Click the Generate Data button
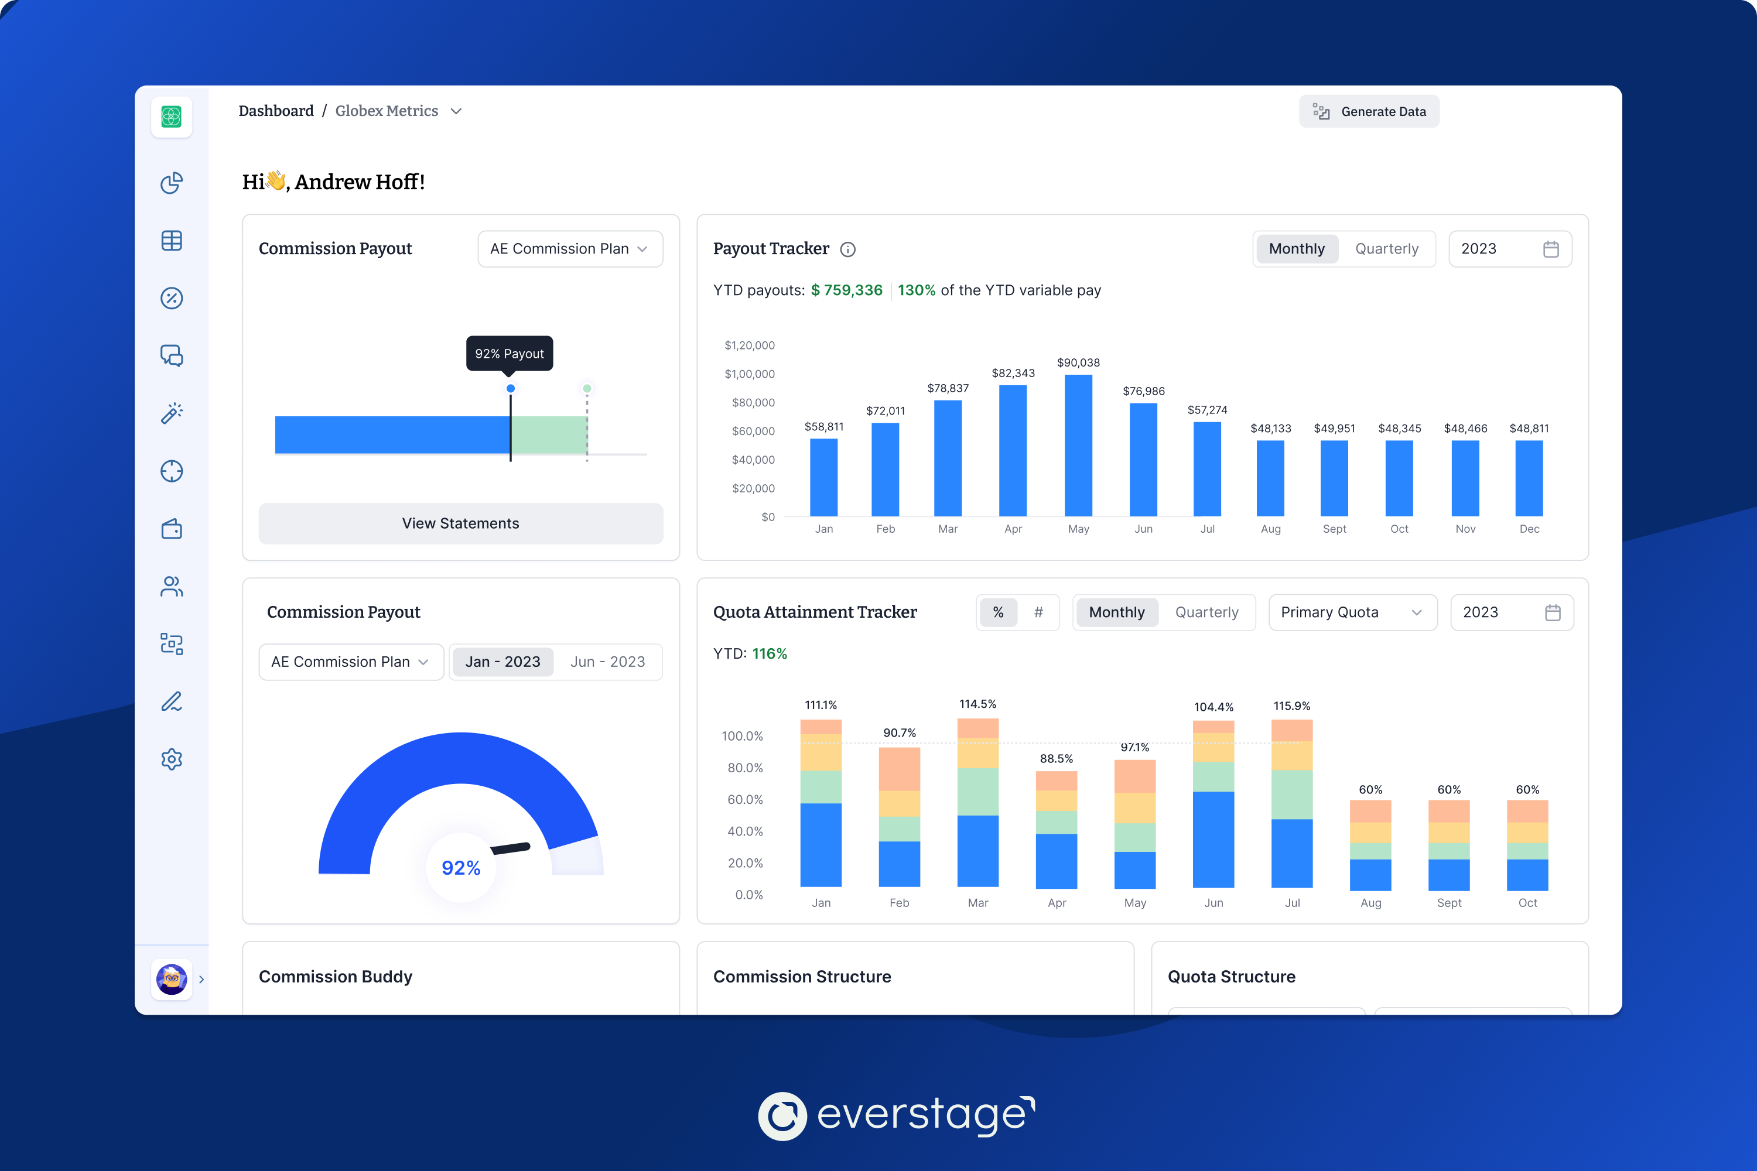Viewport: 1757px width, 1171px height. coord(1369,111)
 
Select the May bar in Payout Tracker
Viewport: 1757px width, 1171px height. coord(1078,445)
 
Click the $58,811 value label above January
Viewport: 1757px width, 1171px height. coord(823,426)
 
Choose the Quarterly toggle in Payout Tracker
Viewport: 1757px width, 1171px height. coord(1386,249)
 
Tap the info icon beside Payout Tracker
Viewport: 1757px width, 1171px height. coord(848,249)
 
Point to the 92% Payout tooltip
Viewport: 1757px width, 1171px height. coord(510,353)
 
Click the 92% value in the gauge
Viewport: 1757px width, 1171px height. coord(461,868)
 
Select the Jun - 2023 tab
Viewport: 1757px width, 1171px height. coord(607,662)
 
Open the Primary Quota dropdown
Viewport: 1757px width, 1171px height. coord(1352,612)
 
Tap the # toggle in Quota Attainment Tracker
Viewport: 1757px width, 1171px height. coord(1038,612)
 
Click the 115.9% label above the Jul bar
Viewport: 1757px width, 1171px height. coord(1291,706)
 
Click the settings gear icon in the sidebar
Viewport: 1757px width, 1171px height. coord(172,759)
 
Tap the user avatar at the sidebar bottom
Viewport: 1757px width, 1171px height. coord(172,978)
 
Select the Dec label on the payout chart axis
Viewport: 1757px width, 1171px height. coord(1529,529)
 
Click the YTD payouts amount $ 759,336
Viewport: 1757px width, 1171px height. coord(846,290)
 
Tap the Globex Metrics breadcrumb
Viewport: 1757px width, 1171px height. coord(387,111)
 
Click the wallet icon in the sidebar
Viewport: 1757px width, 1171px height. coord(172,529)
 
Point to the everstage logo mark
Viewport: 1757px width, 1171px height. coord(782,1117)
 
